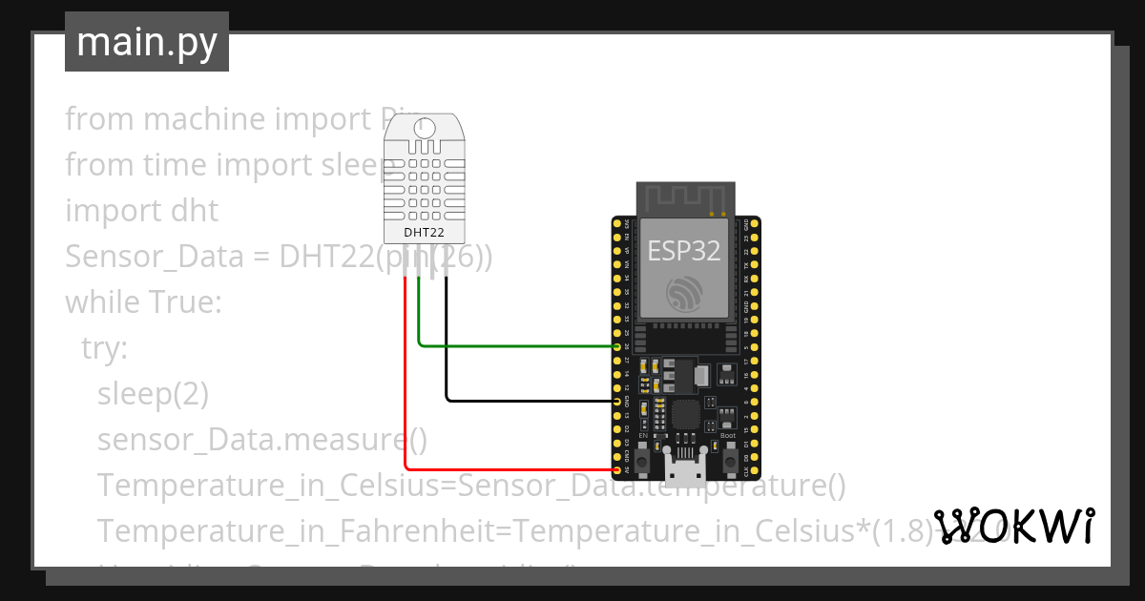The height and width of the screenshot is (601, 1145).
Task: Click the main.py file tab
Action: [147, 42]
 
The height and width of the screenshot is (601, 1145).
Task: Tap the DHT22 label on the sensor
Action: [425, 231]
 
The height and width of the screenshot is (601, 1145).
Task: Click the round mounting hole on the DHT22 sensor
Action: [425, 126]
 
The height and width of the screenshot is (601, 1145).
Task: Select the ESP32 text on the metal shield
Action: [684, 250]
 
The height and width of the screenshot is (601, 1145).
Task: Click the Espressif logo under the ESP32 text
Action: [685, 293]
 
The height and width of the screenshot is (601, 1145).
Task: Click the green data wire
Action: [515, 345]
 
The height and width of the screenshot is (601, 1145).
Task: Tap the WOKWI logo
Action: [1013, 527]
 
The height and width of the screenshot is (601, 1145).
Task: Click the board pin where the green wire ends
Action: [618, 346]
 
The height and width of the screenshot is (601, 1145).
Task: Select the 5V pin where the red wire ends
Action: [618, 470]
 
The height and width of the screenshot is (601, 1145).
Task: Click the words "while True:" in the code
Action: [143, 302]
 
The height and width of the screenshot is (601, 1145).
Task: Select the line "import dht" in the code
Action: [141, 210]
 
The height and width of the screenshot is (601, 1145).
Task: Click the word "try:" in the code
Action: [104, 348]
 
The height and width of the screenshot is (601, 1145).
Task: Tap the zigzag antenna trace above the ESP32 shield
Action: [685, 199]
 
